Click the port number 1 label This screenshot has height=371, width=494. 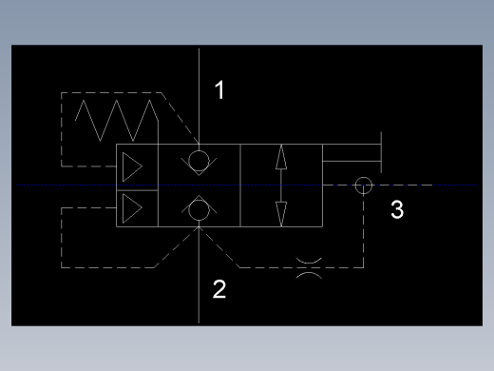click(x=219, y=89)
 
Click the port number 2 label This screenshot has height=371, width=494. click(x=219, y=289)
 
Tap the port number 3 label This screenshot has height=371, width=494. click(x=397, y=209)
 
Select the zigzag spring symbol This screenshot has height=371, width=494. click(x=117, y=121)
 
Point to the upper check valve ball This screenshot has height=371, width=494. click(x=199, y=161)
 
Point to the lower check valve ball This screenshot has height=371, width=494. click(x=199, y=209)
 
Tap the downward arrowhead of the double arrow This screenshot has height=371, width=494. click(x=281, y=214)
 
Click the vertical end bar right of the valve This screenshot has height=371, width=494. click(x=381, y=152)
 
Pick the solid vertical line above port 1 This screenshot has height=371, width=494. click(x=199, y=96)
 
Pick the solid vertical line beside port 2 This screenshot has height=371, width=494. click(x=199, y=275)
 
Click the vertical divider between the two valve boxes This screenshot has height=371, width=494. click(x=240, y=185)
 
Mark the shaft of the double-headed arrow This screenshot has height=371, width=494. click(x=281, y=185)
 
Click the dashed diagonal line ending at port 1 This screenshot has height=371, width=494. click(x=180, y=118)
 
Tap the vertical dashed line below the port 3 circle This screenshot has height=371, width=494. click(x=363, y=231)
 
